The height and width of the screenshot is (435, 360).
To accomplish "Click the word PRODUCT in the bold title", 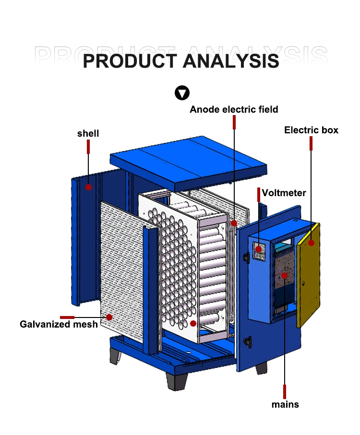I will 130,61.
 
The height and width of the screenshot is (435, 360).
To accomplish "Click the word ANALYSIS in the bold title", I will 230,61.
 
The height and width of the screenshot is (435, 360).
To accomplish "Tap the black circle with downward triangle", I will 182,93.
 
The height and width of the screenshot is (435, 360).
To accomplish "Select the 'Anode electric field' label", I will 234,109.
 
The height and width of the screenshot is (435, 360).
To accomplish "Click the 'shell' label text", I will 88,133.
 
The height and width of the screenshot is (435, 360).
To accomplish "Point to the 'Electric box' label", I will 311,130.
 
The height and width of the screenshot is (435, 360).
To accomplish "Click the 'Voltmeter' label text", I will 284,193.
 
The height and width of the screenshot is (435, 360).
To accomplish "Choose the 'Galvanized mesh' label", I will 59,324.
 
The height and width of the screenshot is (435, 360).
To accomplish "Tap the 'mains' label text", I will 285,404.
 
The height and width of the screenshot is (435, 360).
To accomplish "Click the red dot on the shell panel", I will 89,187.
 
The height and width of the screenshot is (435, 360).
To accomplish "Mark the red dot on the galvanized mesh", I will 109,317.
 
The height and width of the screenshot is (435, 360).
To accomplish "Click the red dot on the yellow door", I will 311,243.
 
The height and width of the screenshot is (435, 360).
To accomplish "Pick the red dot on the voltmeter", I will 259,248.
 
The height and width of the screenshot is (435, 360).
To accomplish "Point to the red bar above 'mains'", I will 285,391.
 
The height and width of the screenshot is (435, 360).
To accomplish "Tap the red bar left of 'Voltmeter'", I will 259,194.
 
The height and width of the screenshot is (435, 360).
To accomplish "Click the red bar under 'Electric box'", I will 311,143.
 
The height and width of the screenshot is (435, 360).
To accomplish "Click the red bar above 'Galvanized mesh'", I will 67,317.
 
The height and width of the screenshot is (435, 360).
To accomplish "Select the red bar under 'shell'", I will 88,147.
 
